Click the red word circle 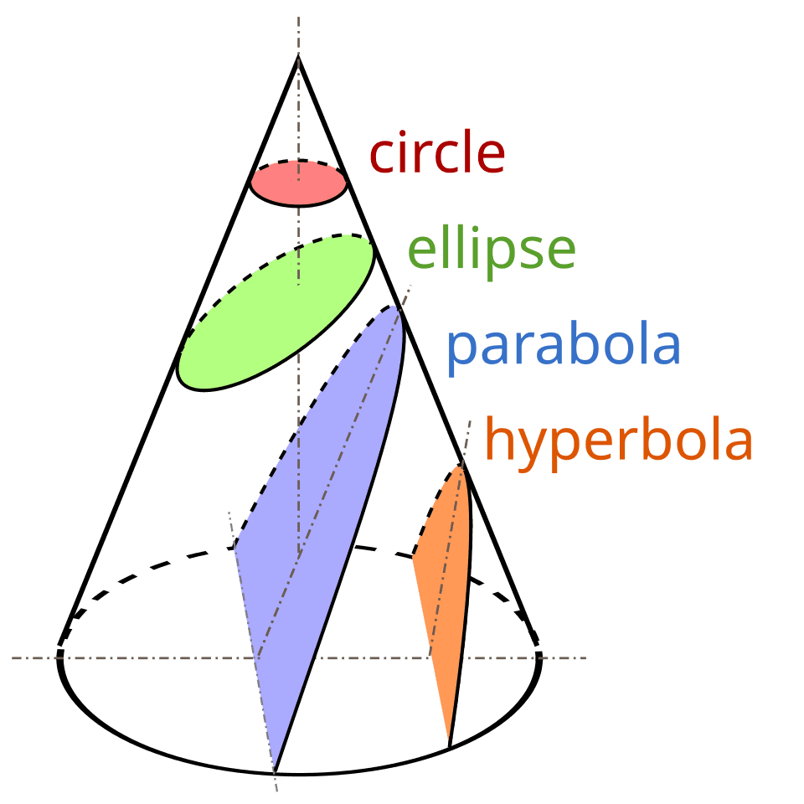coord(437,154)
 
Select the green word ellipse coord(492,250)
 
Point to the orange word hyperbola coord(619,441)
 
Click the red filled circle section coord(298,183)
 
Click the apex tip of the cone coord(298,57)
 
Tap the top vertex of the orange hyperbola coord(460,466)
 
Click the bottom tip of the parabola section coord(274,769)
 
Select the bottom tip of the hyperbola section coord(450,744)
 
